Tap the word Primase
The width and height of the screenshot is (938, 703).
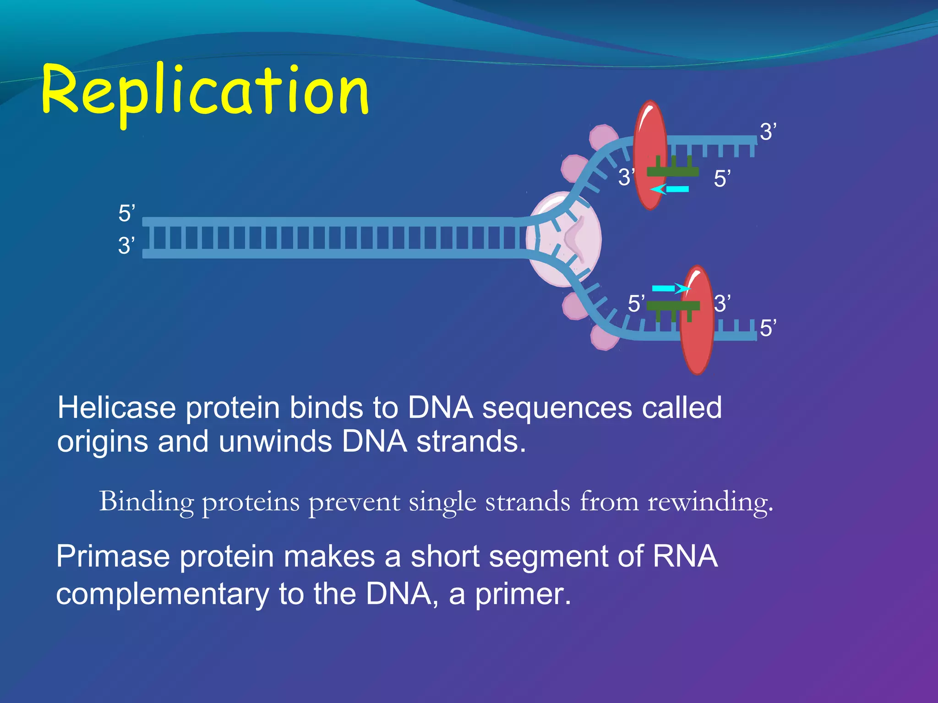point(113,557)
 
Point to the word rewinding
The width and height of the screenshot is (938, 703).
point(710,502)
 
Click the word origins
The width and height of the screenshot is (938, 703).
point(103,442)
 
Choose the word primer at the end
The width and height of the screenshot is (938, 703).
point(523,594)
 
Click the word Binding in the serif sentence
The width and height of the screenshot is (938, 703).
point(146,502)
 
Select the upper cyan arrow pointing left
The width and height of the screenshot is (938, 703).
point(670,189)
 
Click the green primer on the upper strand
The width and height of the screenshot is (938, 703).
point(672,172)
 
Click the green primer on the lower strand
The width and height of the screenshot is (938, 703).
point(672,306)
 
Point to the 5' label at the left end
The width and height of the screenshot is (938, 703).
point(126,214)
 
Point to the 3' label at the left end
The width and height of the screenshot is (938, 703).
point(126,246)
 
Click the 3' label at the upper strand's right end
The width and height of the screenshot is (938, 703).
point(768,132)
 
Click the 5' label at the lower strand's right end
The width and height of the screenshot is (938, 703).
point(768,328)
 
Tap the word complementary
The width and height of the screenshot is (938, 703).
point(163,594)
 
